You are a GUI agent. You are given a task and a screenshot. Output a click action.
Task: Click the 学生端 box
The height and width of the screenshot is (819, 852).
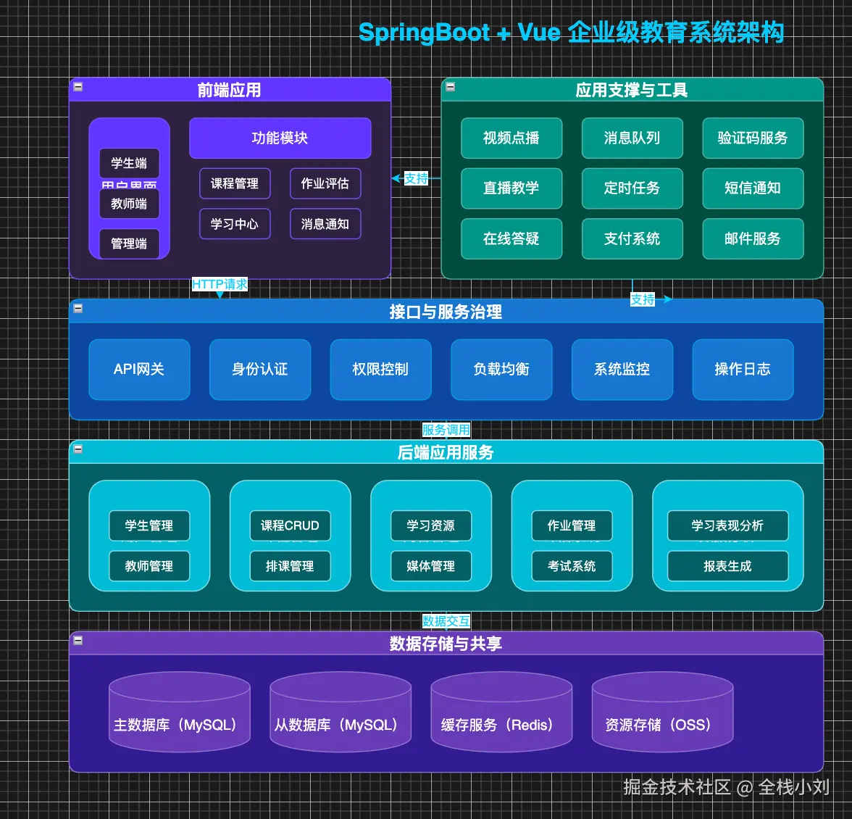point(129,163)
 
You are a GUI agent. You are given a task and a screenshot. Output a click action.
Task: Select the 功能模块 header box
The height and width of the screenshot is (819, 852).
point(280,138)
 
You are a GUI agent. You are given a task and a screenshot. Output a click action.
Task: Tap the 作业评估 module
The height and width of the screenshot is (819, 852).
point(325,183)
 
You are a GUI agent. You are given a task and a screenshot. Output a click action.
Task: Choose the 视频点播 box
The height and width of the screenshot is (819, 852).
point(511,138)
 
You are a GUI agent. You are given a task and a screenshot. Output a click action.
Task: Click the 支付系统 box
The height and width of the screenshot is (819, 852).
point(632,238)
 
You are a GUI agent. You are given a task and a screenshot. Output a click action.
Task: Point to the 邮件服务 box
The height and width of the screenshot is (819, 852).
point(752,238)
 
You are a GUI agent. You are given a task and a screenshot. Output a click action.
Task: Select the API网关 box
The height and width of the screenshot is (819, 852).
point(139,369)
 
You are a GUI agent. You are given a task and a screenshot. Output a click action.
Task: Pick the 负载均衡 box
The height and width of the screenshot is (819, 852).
point(501,369)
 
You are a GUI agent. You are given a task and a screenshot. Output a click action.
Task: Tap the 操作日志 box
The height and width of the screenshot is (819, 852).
point(743,369)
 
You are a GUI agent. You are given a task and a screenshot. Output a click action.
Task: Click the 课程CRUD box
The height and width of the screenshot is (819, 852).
point(290,525)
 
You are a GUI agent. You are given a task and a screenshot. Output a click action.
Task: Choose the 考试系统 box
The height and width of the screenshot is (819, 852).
point(572,566)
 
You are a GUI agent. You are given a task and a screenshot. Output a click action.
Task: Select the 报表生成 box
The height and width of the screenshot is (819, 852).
point(727,566)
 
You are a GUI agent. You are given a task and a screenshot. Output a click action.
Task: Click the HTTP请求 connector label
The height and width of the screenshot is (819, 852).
point(220,284)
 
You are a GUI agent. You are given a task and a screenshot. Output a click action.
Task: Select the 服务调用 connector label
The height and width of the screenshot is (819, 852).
point(446,430)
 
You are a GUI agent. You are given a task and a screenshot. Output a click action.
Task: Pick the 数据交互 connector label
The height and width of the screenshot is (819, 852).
point(446,621)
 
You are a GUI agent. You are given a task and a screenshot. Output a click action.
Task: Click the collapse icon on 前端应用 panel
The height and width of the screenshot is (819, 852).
point(78,87)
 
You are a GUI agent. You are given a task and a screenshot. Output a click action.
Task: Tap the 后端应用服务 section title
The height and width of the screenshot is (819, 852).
point(446,452)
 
